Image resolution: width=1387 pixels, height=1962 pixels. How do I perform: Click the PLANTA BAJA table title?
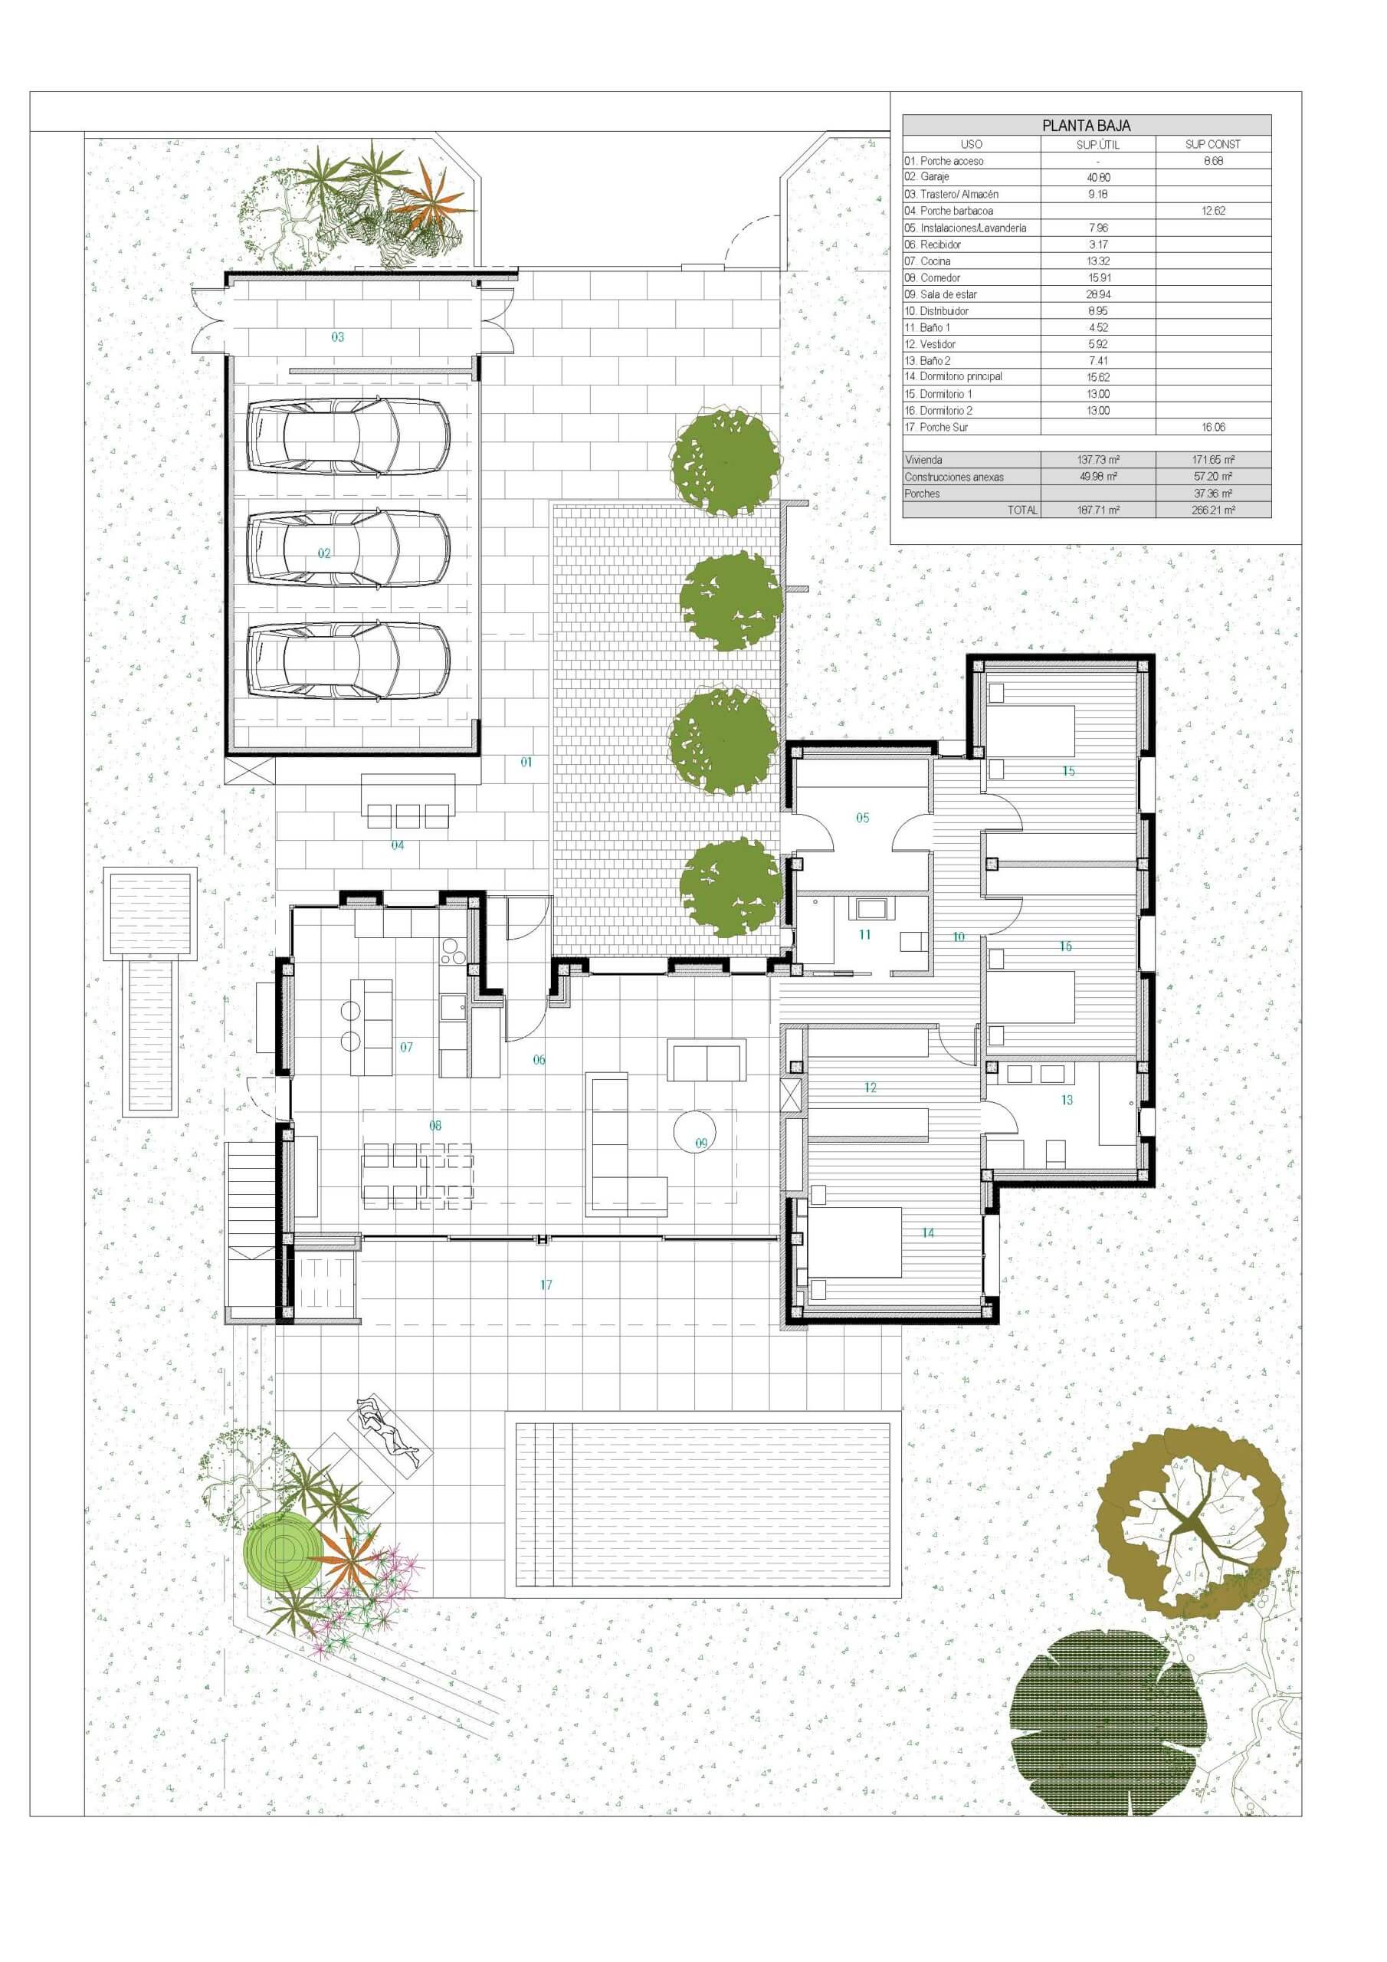click(1086, 126)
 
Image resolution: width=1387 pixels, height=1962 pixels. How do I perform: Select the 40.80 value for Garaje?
click(1098, 178)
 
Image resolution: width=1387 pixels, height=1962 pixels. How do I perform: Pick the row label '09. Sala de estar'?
click(941, 294)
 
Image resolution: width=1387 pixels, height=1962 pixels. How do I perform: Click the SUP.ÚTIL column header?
click(1098, 144)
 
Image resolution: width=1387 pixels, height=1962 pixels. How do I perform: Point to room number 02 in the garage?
click(324, 554)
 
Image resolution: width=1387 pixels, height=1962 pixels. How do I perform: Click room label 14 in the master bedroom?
click(928, 1233)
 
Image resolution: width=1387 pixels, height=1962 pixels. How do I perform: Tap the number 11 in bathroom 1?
click(865, 935)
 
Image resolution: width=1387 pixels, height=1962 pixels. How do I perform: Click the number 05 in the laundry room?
click(862, 818)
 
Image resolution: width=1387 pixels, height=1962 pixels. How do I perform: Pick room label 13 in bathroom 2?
click(1067, 1100)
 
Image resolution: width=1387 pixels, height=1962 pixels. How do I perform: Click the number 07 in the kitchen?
click(406, 1047)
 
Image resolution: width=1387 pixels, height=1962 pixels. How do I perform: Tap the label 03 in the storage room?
click(338, 337)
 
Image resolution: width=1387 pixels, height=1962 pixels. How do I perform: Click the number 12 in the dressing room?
click(870, 1088)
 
